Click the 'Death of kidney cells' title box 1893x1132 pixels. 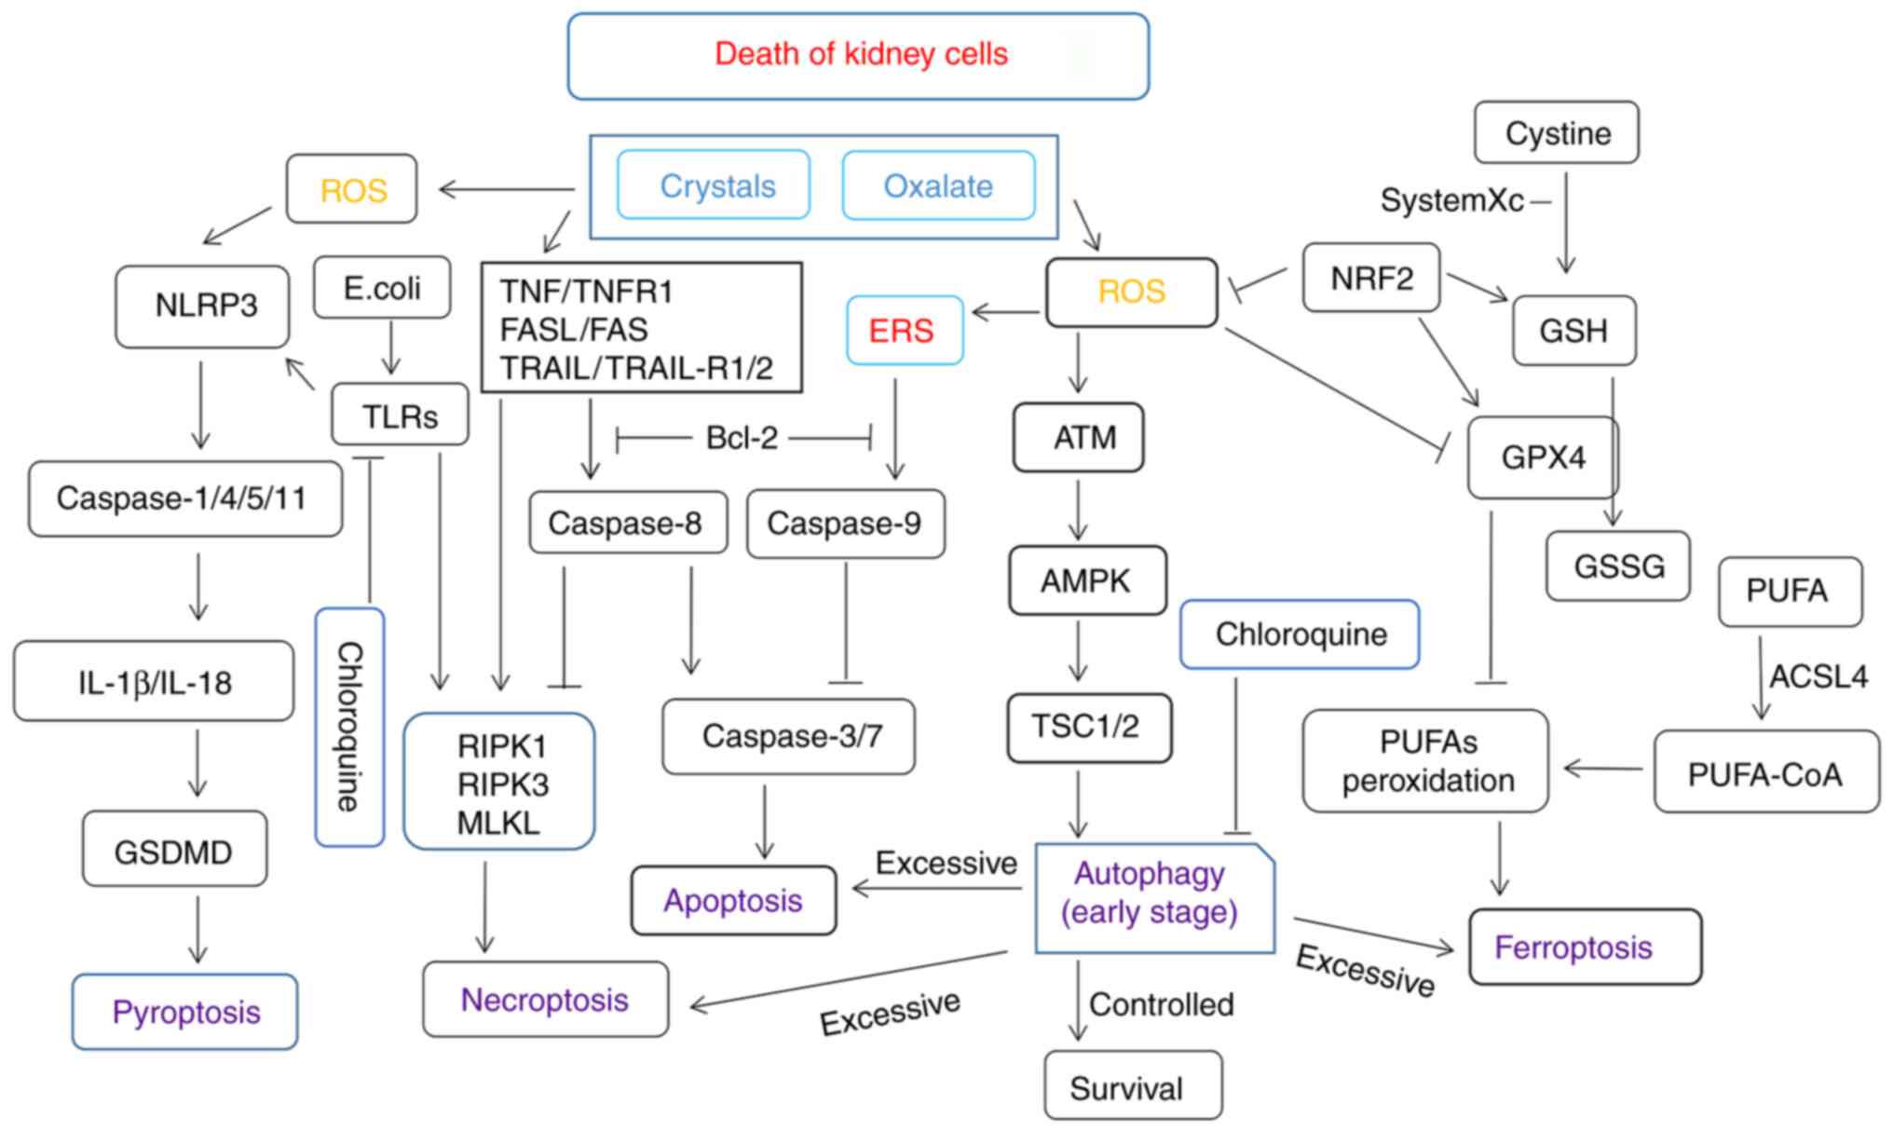pyautogui.click(x=858, y=55)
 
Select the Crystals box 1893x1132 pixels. pyautogui.click(x=714, y=185)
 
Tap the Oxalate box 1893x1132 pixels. pyautogui.click(x=938, y=185)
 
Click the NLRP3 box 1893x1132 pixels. pyautogui.click(x=202, y=306)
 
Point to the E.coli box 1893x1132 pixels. pyautogui.click(x=382, y=287)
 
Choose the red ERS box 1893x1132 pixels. pyautogui.click(x=904, y=330)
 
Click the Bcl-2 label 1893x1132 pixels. pyautogui.click(x=742, y=437)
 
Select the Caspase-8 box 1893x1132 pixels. pyautogui.click(x=627, y=523)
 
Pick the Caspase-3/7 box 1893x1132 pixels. pyautogui.click(x=789, y=736)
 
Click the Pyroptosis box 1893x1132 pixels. pyautogui.click(x=185, y=1012)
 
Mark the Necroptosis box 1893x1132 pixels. pyautogui.click(x=545, y=1000)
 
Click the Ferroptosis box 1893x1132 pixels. pyautogui.click(x=1584, y=947)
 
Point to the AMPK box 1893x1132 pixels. pyautogui.click(x=1086, y=580)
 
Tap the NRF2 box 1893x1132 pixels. pyautogui.click(x=1370, y=278)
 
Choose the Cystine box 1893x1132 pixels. pyautogui.click(x=1557, y=133)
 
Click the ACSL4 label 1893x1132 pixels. pyautogui.click(x=1818, y=676)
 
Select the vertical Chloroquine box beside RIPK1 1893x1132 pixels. pyautogui.click(x=349, y=727)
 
